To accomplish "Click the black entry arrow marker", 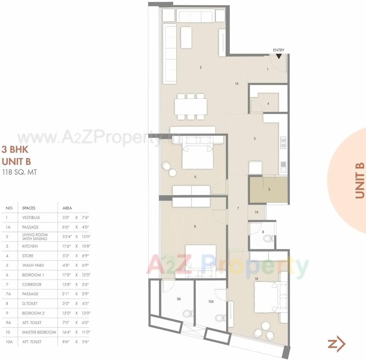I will click(278, 56).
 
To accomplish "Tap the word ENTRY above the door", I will click(278, 50).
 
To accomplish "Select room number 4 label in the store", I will click(268, 104).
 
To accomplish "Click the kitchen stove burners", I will click(283, 142).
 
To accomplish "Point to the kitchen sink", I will click(283, 167).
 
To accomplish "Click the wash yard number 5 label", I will click(269, 189).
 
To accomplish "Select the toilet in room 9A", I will click(187, 314).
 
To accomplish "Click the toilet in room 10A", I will click(220, 317).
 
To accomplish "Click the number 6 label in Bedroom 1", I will click(195, 177).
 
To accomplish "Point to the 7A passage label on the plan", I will click(257, 212).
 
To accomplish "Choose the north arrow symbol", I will click(337, 344).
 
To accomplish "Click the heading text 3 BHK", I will click(15, 149).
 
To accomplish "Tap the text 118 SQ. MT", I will click(19, 172).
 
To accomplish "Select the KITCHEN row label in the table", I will click(30, 246).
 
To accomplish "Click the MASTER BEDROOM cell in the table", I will click(39, 332).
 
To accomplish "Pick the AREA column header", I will click(67, 208).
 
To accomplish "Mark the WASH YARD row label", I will click(33, 265).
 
